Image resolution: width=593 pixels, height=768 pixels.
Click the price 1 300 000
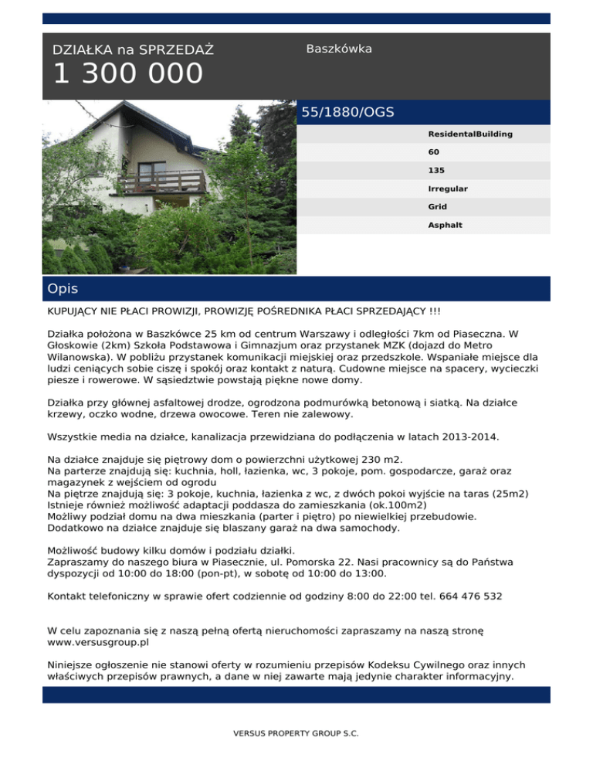click(128, 75)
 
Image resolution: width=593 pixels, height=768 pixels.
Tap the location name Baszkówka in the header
click(339, 49)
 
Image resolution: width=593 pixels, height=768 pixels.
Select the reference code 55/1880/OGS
click(347, 113)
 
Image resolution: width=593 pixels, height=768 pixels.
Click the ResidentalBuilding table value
click(470, 134)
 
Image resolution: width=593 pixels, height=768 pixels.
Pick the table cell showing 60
click(434, 152)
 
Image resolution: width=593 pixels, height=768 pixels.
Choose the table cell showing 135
click(436, 171)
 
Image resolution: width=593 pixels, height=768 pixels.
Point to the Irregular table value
click(448, 189)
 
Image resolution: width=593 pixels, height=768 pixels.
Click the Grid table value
click(438, 207)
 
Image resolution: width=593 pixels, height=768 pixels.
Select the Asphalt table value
click(445, 226)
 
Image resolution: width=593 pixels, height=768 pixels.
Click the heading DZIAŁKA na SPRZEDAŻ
click(134, 50)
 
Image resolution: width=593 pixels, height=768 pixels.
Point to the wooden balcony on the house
click(162, 182)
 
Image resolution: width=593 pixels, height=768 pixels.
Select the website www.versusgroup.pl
click(98, 641)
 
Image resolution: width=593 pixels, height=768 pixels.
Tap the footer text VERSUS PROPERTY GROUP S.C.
click(296, 732)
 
